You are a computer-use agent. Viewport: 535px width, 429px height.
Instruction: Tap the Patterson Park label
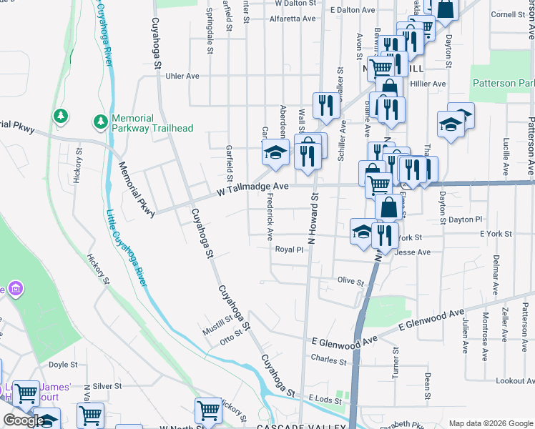pyautogui.click(x=503, y=83)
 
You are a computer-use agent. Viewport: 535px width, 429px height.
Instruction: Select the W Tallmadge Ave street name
pyautogui.click(x=252, y=187)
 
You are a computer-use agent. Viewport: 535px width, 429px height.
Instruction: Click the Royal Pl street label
pyautogui.click(x=290, y=250)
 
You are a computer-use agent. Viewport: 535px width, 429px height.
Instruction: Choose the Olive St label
pyautogui.click(x=350, y=282)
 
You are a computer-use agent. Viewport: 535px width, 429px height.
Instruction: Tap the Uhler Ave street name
pyautogui.click(x=182, y=76)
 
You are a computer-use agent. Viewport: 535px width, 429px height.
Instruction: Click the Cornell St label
pyautogui.click(x=508, y=14)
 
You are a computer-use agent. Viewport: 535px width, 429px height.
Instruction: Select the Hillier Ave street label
pyautogui.click(x=427, y=84)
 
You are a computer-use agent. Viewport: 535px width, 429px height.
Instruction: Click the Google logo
pyautogui.click(x=24, y=420)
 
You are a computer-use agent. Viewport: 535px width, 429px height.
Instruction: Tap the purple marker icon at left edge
pyautogui.click(x=14, y=289)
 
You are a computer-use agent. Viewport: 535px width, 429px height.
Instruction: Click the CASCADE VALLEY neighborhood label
pyautogui.click(x=295, y=426)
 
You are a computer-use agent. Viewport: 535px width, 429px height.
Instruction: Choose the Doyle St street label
pyautogui.click(x=62, y=365)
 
